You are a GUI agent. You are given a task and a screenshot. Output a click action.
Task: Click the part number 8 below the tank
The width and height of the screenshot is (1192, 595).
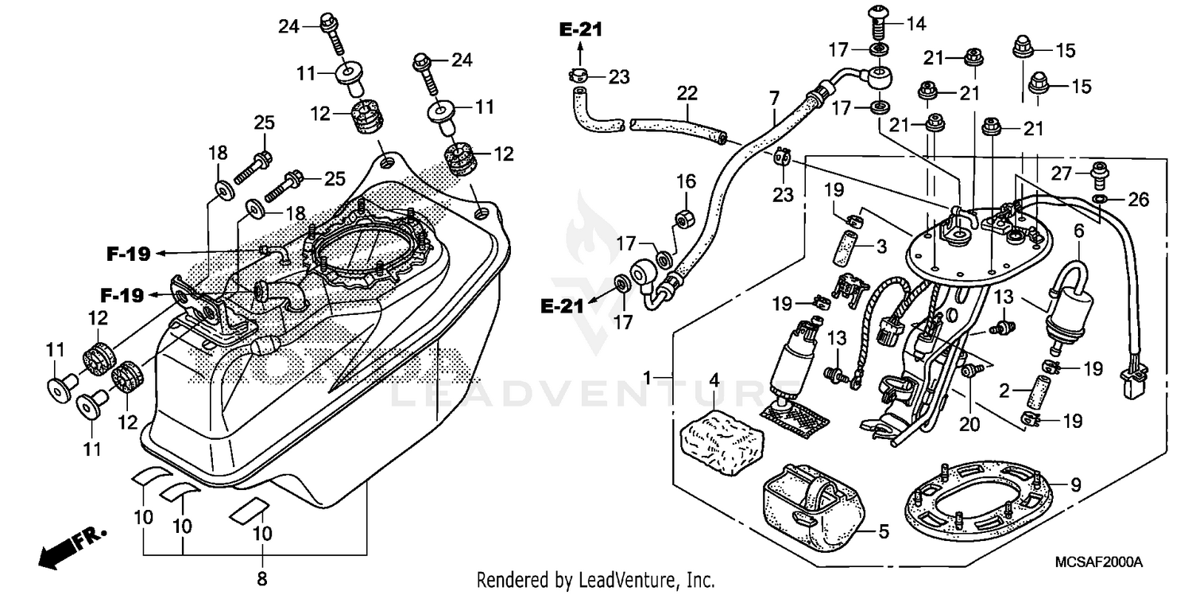(x=262, y=578)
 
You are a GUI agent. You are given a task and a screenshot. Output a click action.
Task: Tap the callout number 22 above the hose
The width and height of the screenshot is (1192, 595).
(x=687, y=94)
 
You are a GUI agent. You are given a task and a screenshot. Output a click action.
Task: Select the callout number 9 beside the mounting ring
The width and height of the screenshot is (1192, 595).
(x=1075, y=483)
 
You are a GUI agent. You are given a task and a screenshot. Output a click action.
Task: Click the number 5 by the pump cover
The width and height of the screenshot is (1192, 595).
(x=884, y=531)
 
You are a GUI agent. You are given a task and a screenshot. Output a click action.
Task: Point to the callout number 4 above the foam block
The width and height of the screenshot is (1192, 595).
(x=714, y=382)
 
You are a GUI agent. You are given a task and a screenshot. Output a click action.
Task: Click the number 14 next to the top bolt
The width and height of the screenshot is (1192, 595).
(x=915, y=24)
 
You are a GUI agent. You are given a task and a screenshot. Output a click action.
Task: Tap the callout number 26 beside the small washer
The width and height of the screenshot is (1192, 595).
(x=1138, y=200)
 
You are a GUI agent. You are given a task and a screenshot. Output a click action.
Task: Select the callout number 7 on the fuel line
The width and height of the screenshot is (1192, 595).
(x=774, y=100)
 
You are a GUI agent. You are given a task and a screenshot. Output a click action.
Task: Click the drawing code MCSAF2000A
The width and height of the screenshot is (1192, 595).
(x=1097, y=562)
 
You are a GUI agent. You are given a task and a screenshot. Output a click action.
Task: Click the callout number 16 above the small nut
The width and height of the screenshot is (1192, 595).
(x=685, y=182)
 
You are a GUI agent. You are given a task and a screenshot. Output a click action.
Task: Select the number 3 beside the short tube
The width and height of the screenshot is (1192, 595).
(x=880, y=247)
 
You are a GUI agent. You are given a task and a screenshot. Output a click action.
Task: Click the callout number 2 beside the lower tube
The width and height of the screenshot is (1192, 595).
(x=1004, y=391)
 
